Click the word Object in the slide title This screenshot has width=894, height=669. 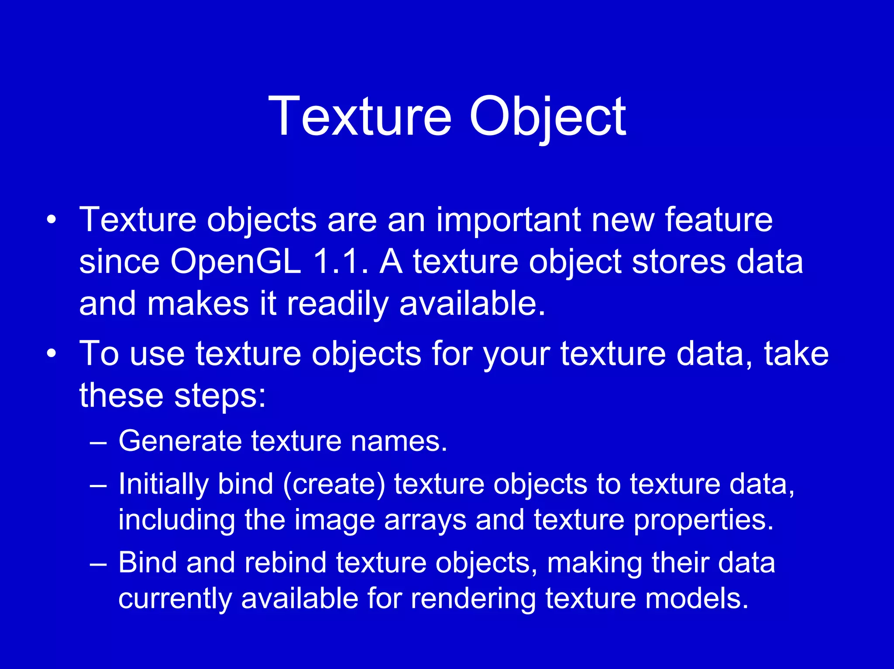[547, 117]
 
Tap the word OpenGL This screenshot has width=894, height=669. [236, 262]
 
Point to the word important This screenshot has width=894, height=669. [508, 220]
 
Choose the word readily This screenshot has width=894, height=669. [337, 304]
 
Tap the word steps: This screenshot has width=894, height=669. [220, 395]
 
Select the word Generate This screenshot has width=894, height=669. [180, 441]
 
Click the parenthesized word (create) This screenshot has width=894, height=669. [334, 484]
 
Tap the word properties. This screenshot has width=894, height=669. [703, 520]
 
